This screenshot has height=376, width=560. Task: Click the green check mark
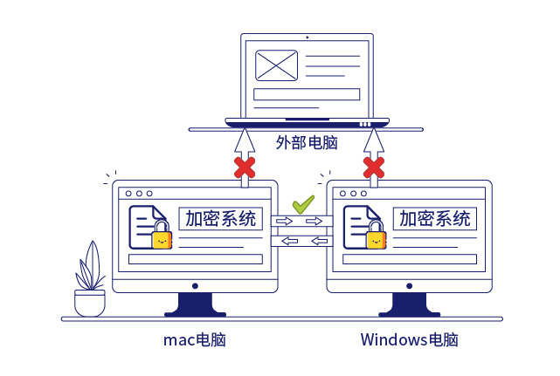coord(303,204)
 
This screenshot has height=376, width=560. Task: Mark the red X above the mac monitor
coord(245,167)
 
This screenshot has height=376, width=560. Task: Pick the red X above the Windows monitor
coord(374,167)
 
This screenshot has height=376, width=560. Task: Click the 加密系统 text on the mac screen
coord(220,218)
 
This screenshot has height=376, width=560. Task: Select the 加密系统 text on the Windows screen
coord(435,218)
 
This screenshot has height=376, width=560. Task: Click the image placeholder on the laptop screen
coord(276,65)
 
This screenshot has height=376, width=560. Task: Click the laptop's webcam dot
coord(307,38)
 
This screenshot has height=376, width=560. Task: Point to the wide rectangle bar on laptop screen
coord(307,94)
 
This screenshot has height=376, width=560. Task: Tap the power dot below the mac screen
coord(195,285)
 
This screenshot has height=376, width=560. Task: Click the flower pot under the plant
coord(89,304)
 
